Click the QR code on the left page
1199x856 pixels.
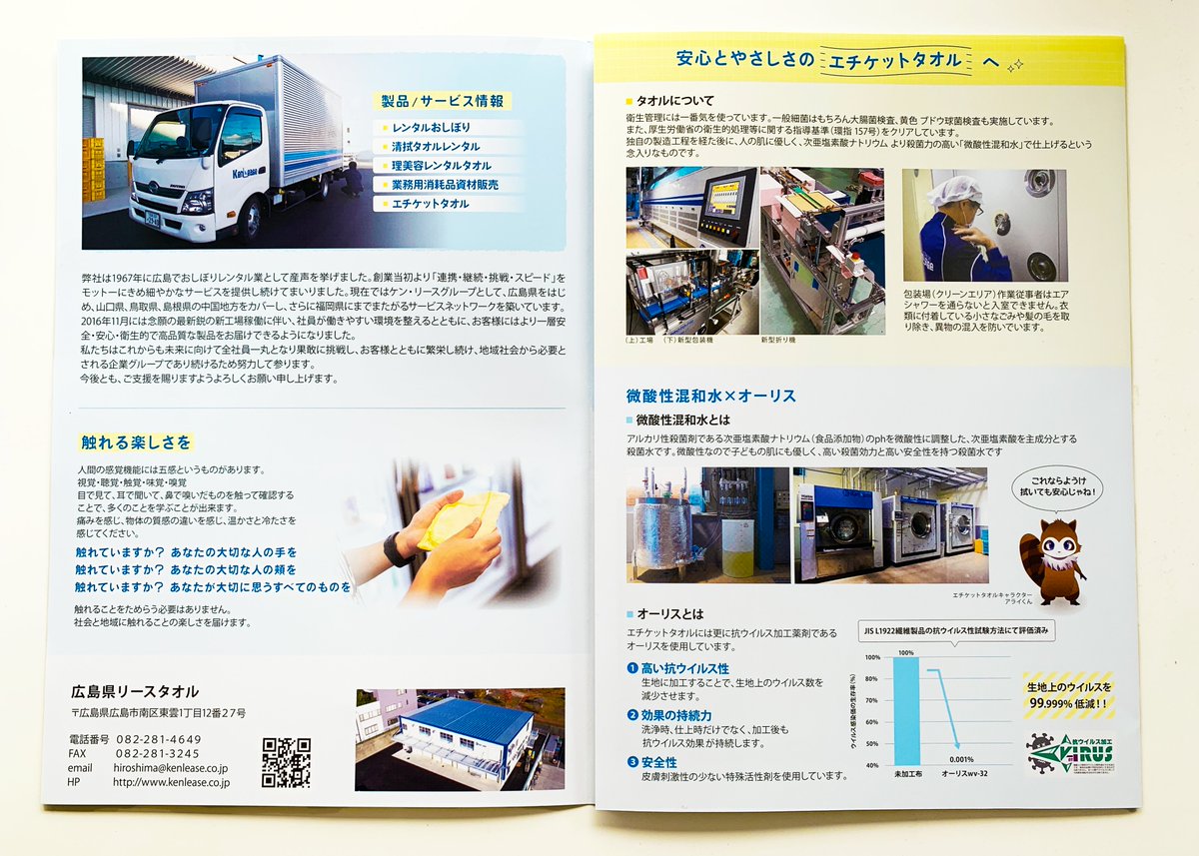(286, 762)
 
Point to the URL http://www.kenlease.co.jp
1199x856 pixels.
(171, 782)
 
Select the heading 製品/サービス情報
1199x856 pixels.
(444, 101)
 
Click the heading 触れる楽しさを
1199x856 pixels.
(134, 441)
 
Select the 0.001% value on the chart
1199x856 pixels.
(957, 760)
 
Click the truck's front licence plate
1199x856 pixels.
(152, 217)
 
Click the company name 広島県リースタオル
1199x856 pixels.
(136, 691)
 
